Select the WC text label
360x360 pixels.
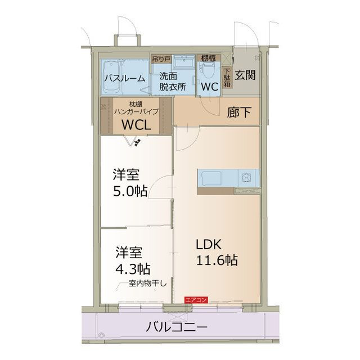tap(209, 88)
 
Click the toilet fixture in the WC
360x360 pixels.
tap(208, 70)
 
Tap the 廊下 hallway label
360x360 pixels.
tap(239, 112)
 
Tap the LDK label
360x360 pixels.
tap(210, 245)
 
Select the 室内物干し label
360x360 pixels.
tap(147, 282)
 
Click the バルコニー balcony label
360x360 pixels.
tap(177, 327)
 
